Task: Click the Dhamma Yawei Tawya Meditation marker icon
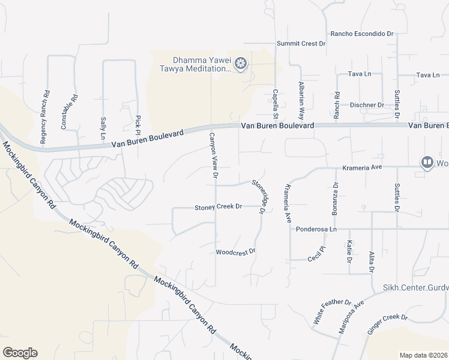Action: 241,64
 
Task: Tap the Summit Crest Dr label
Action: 301,44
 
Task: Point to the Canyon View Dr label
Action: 212,155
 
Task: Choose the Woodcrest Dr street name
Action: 236,251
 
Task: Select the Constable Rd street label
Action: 69,112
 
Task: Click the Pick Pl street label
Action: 138,124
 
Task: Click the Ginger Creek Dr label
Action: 387,324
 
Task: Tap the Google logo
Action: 20,353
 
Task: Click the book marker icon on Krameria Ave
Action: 427,162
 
